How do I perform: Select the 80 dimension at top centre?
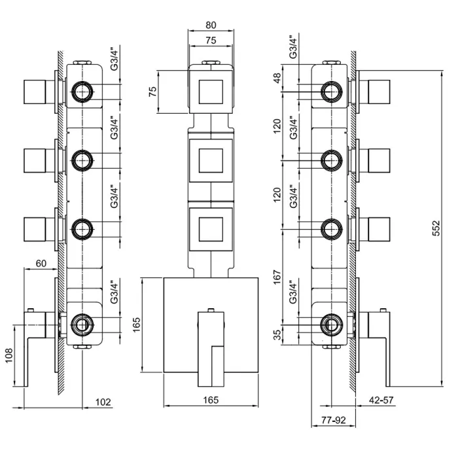coord(211,25)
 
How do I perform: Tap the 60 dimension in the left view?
coord(41,264)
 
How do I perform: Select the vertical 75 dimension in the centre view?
coord(153,90)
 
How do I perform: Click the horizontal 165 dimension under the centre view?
coord(211,400)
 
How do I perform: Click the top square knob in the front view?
coord(211,92)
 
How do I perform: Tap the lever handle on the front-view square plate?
coord(210,347)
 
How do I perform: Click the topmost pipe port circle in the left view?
coord(82,92)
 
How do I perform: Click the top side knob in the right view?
coord(380,92)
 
